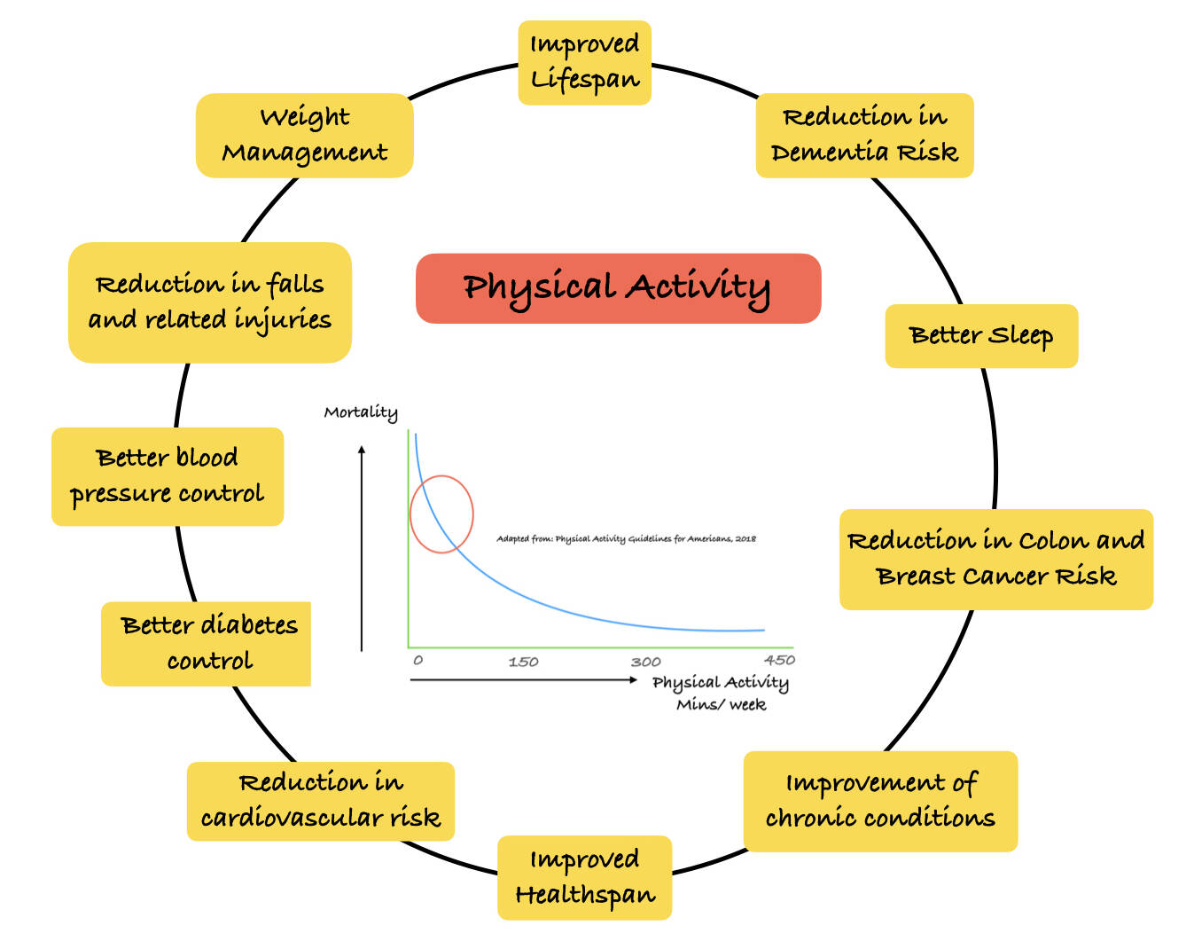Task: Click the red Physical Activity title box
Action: tap(618, 288)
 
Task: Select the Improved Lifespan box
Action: tap(584, 63)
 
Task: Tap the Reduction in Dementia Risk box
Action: tap(864, 136)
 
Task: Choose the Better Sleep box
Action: tap(981, 336)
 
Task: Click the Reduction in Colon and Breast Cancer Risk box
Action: tap(995, 559)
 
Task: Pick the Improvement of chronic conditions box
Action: tap(880, 801)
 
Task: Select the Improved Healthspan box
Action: tap(584, 877)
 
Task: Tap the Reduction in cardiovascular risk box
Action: tap(320, 801)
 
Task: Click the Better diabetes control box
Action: tap(207, 644)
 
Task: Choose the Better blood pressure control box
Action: tap(168, 476)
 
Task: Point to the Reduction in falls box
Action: tap(210, 302)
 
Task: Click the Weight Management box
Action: tap(304, 136)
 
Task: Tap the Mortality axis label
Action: tap(361, 412)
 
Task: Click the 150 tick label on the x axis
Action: tap(523, 662)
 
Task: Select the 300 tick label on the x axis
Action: tap(645, 662)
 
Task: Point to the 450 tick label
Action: tap(779, 660)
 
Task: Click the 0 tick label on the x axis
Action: tap(418, 661)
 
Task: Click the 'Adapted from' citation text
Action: tap(626, 538)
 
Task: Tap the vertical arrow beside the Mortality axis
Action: tap(362, 550)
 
